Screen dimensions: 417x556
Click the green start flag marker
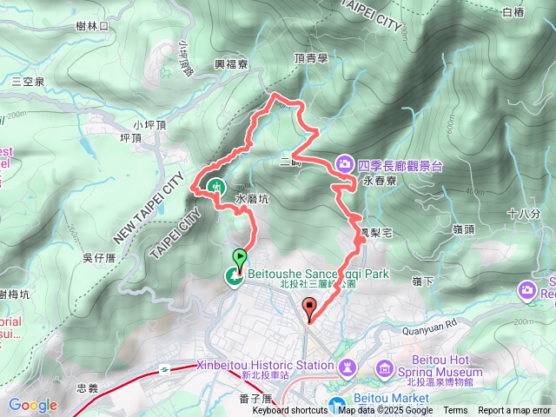(x=239, y=257)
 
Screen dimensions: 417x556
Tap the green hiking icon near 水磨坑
(x=215, y=185)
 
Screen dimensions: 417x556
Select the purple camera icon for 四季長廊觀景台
(x=345, y=163)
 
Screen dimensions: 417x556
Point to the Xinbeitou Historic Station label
(x=265, y=365)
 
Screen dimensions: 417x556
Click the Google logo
(x=32, y=405)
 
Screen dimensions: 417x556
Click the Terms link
(x=455, y=411)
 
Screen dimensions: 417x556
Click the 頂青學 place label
(x=311, y=58)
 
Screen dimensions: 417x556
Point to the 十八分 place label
(x=523, y=213)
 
